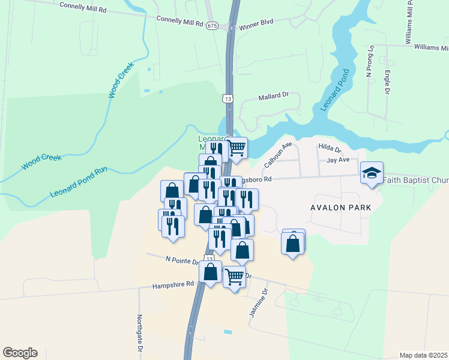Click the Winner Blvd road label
(256, 22)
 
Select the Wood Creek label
(120, 80)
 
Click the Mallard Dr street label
(274, 96)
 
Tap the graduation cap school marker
(372, 173)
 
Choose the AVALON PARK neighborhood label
(340, 207)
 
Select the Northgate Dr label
(139, 334)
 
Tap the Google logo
(20, 353)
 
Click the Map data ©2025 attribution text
(423, 355)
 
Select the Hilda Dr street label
(330, 148)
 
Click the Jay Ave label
(338, 160)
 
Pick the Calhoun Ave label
(277, 155)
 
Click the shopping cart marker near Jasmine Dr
(234, 277)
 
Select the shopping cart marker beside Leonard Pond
(237, 146)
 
